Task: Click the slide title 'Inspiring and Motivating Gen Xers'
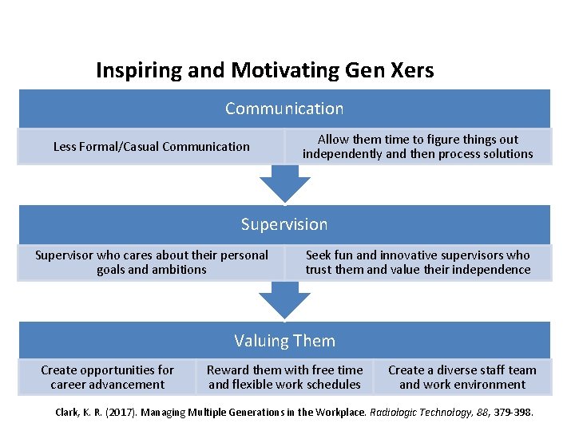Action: click(264, 70)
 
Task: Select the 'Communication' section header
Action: click(284, 109)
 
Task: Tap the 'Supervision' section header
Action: click(284, 225)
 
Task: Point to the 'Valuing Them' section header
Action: click(284, 341)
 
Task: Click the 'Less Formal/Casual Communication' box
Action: click(151, 147)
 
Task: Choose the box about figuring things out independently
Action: click(418, 147)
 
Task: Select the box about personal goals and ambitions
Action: click(151, 263)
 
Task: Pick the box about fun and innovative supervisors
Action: click(418, 263)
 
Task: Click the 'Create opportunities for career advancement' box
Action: click(107, 378)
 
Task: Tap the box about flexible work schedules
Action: click(284, 378)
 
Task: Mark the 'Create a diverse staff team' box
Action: click(462, 378)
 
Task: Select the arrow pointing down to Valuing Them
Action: click(285, 301)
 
